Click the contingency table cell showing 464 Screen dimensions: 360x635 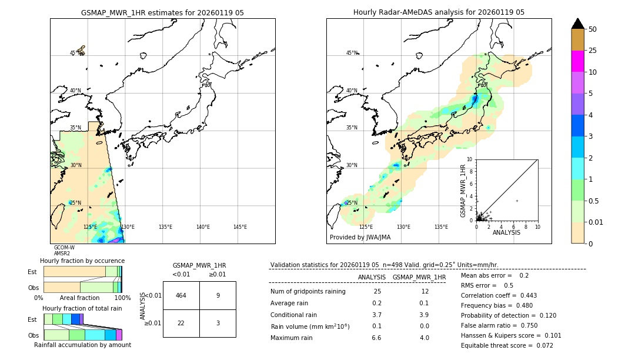(x=181, y=295)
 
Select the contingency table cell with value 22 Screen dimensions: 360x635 (x=181, y=323)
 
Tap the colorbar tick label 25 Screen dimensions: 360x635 (x=593, y=51)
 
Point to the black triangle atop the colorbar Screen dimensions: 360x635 (x=578, y=24)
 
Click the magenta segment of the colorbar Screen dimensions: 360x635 (x=578, y=61)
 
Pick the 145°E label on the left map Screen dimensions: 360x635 (x=240, y=227)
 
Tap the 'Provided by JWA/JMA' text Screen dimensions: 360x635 (x=360, y=237)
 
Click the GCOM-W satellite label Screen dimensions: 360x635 (x=64, y=248)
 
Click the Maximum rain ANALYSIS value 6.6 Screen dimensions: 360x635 (x=377, y=338)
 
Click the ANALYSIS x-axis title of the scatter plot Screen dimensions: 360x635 (x=506, y=232)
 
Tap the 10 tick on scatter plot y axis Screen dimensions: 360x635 (x=469, y=159)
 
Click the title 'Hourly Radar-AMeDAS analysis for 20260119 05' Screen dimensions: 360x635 (x=439, y=12)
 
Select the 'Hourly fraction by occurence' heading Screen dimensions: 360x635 (x=82, y=261)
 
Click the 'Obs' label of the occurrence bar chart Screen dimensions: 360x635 (x=33, y=288)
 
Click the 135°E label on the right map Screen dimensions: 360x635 (x=441, y=227)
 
